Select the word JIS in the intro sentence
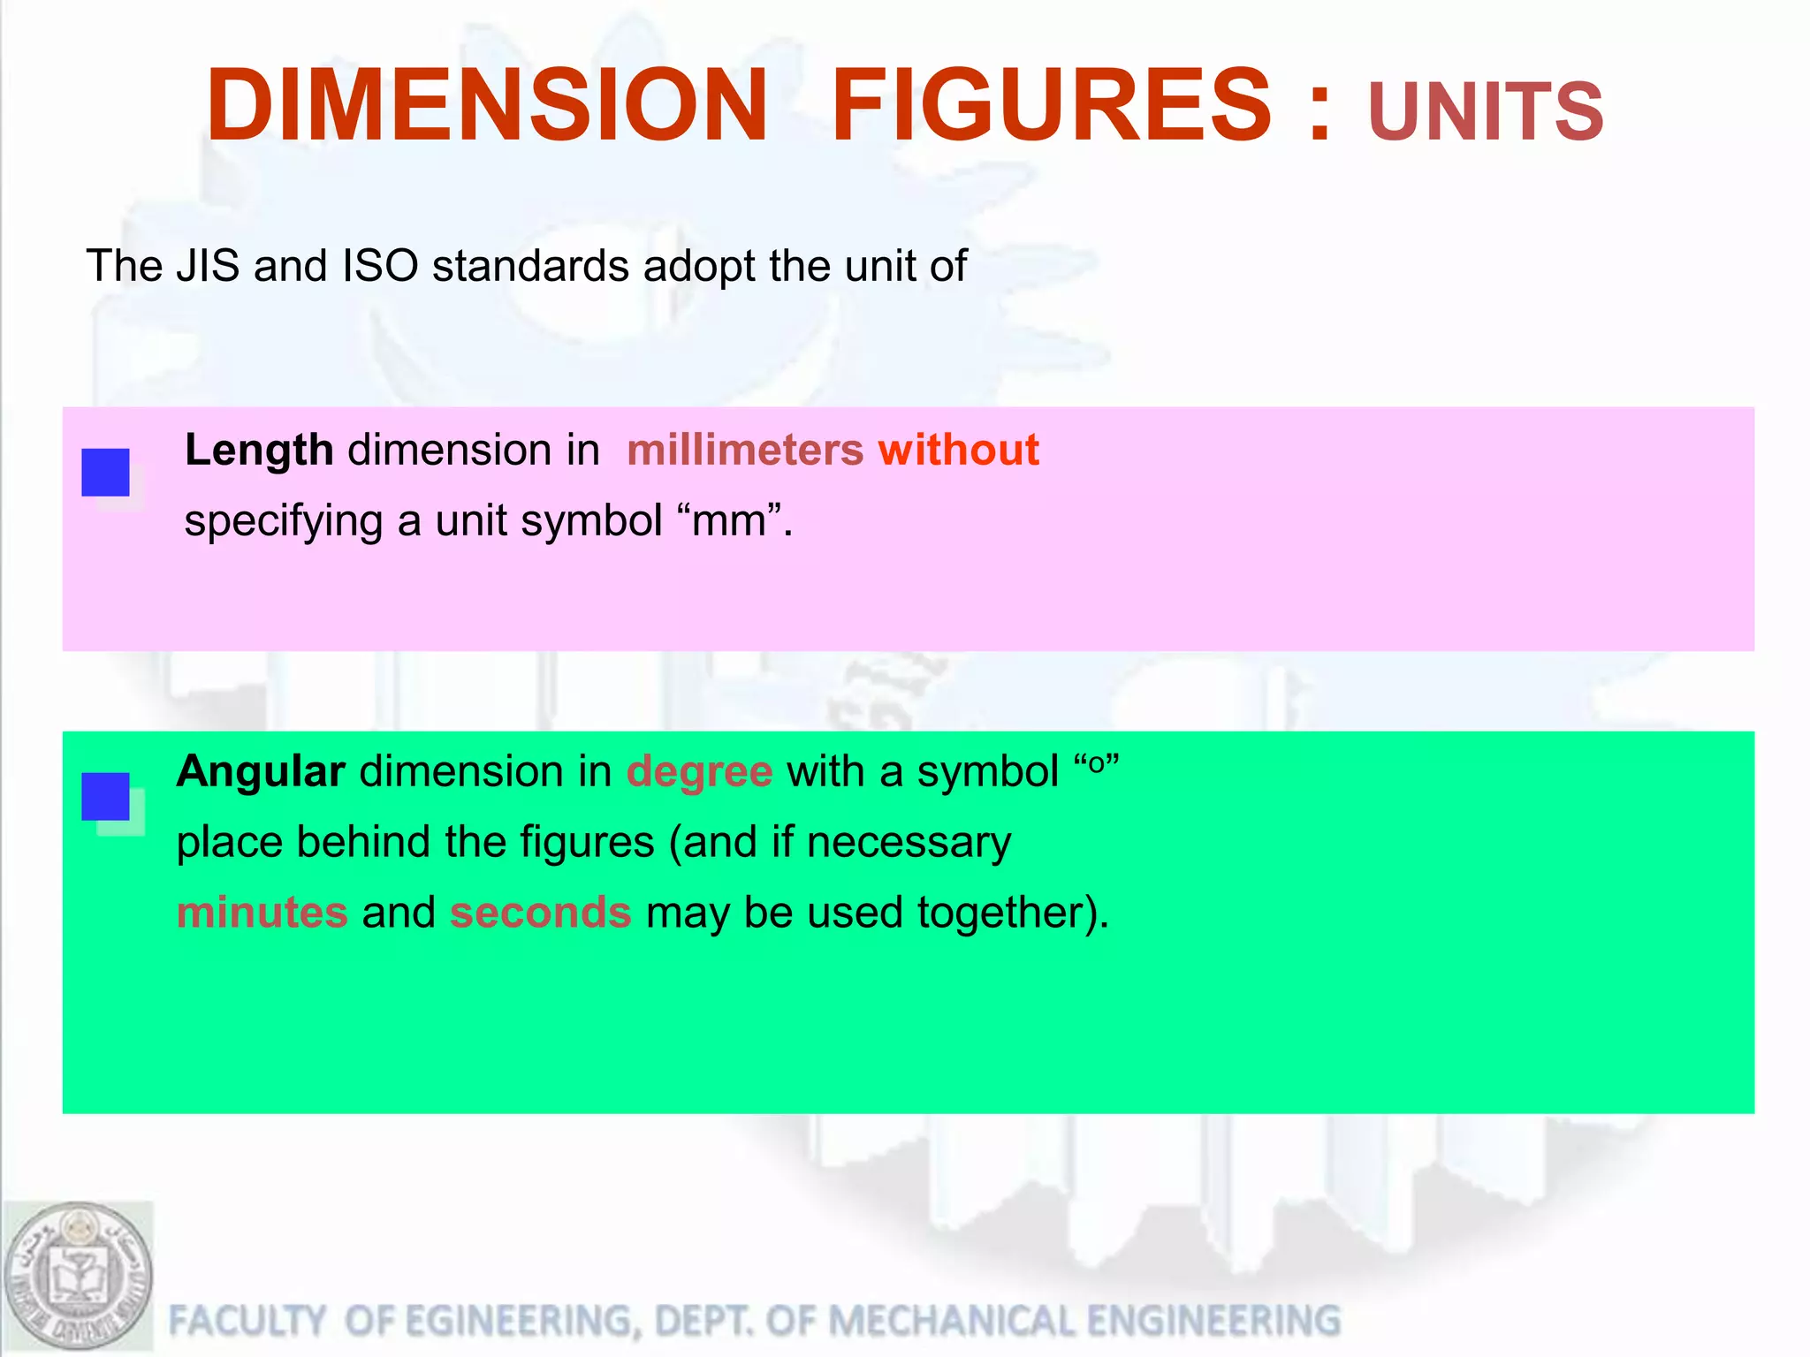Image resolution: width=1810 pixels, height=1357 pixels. (208, 266)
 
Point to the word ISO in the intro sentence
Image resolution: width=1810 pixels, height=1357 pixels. (380, 266)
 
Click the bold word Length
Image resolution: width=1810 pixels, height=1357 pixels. (259, 451)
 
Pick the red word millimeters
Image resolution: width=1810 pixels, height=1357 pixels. (744, 450)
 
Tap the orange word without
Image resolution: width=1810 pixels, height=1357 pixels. (958, 450)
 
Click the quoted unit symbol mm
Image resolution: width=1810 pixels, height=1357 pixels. (729, 521)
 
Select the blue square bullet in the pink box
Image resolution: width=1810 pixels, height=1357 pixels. (105, 472)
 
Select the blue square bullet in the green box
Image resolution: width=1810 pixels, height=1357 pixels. (105, 796)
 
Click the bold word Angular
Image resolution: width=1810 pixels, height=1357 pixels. (261, 771)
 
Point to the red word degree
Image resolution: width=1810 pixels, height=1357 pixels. (699, 771)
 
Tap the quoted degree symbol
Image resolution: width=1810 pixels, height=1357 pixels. (1096, 764)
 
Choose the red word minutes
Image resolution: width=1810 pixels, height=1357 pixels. (262, 913)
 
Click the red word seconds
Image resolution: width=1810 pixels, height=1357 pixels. (541, 913)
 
